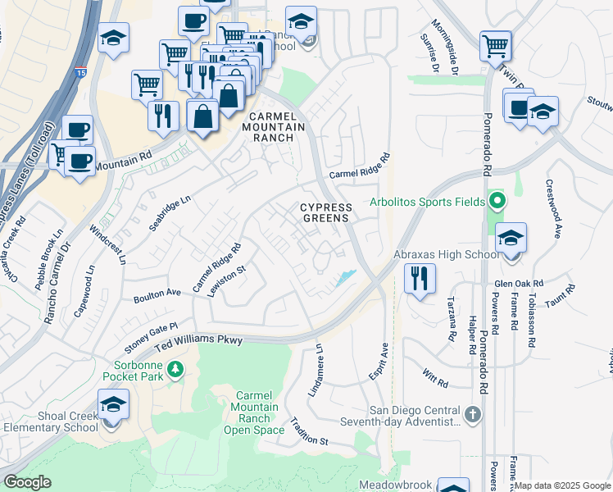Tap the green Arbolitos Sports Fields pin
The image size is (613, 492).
coord(495,200)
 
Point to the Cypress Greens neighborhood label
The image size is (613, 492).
coord(325,212)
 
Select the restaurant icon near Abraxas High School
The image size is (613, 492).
coord(420,279)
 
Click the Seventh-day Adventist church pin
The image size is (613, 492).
coord(472,415)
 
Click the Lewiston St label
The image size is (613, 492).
coord(229,280)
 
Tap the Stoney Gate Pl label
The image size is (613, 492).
coord(152,335)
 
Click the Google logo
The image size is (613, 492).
coord(27,482)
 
